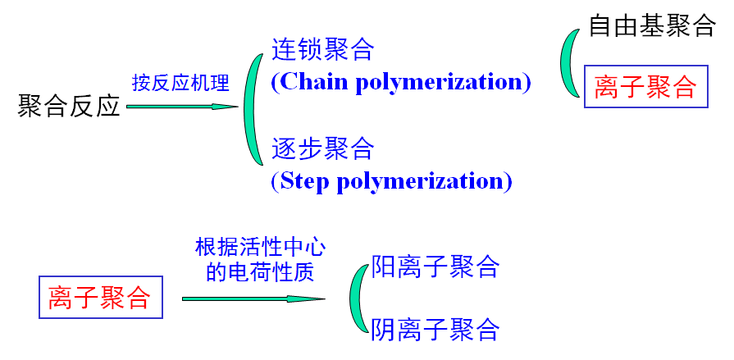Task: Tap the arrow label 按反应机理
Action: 180,82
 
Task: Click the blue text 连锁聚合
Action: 322,49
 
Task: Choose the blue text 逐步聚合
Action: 322,148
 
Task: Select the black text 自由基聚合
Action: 652,25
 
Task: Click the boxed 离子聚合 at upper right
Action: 645,86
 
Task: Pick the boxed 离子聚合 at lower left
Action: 99,298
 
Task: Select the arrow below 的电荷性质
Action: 253,298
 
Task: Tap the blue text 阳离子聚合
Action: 435,267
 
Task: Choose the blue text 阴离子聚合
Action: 435,330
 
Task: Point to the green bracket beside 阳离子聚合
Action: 357,299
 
